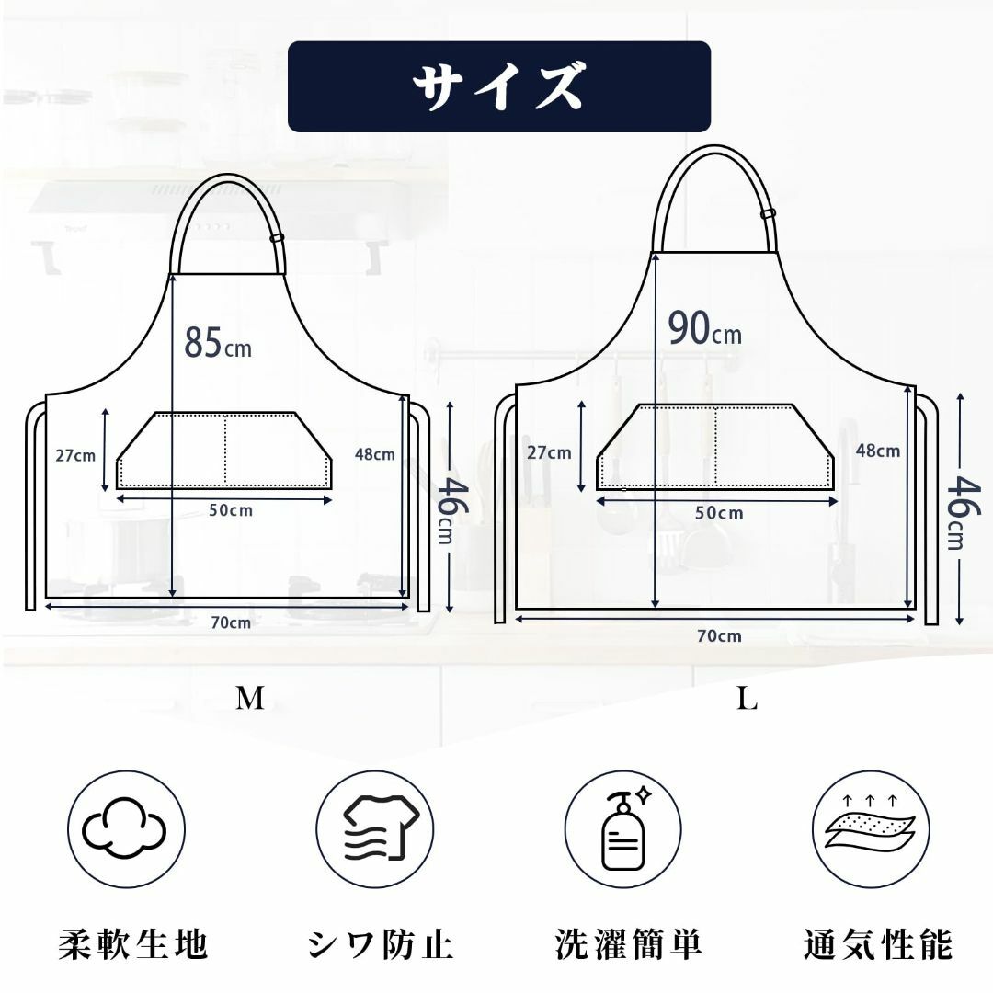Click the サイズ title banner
point(499,86)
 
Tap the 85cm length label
point(217,343)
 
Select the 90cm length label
point(705,328)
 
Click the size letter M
point(249,698)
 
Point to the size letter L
point(747,698)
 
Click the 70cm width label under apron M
point(231,623)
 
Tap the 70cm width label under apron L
point(719,636)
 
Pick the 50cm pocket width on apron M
point(231,510)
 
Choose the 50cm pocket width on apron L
point(719,512)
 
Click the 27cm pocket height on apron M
point(75,455)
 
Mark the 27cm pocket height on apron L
point(549,452)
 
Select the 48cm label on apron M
point(374,454)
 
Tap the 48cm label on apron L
point(878,451)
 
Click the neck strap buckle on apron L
point(768,212)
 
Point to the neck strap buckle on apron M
point(278,238)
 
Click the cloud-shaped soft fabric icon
point(125,827)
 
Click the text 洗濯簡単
point(629,944)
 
